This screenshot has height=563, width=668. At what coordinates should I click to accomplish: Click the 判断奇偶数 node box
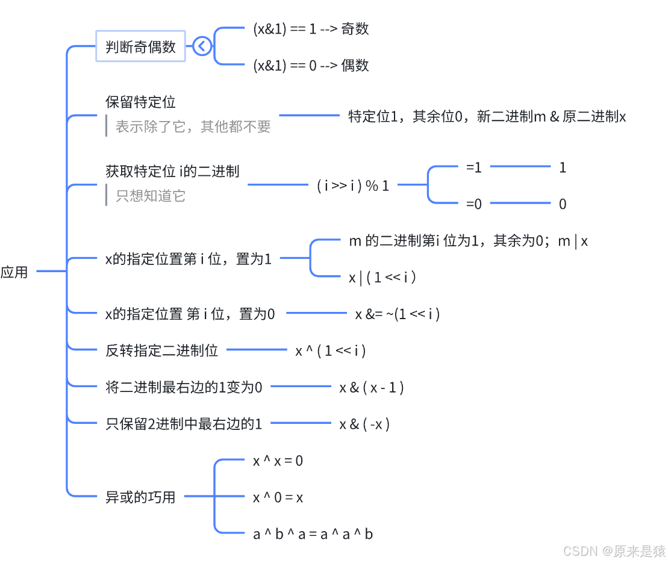[140, 46]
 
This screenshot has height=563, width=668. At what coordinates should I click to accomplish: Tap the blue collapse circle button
[202, 46]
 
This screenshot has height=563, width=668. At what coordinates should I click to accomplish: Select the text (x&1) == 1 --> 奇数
[311, 28]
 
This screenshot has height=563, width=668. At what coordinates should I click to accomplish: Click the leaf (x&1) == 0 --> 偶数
[311, 65]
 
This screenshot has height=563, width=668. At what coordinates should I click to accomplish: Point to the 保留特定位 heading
[140, 102]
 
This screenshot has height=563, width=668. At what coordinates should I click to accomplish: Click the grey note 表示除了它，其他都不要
[193, 126]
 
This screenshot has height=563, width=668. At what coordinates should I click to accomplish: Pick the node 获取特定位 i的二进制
[172, 171]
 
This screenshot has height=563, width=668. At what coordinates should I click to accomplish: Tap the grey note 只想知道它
[151, 196]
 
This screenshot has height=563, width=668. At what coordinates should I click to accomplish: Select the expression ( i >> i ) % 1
[353, 185]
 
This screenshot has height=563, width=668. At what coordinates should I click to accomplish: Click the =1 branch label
[474, 167]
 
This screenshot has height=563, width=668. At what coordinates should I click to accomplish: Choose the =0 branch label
[474, 204]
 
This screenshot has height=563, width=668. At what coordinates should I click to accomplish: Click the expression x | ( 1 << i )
[383, 277]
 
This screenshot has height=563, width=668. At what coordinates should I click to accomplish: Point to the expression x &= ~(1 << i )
[398, 314]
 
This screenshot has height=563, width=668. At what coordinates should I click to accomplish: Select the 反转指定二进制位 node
[161, 350]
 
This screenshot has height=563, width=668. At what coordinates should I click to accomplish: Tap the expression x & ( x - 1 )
[372, 388]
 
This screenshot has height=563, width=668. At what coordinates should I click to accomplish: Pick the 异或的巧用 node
[140, 497]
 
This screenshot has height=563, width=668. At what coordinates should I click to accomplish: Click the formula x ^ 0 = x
[278, 497]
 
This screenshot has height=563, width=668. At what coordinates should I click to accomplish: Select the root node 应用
[14, 272]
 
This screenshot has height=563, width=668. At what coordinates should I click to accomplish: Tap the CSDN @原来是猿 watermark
[614, 550]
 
